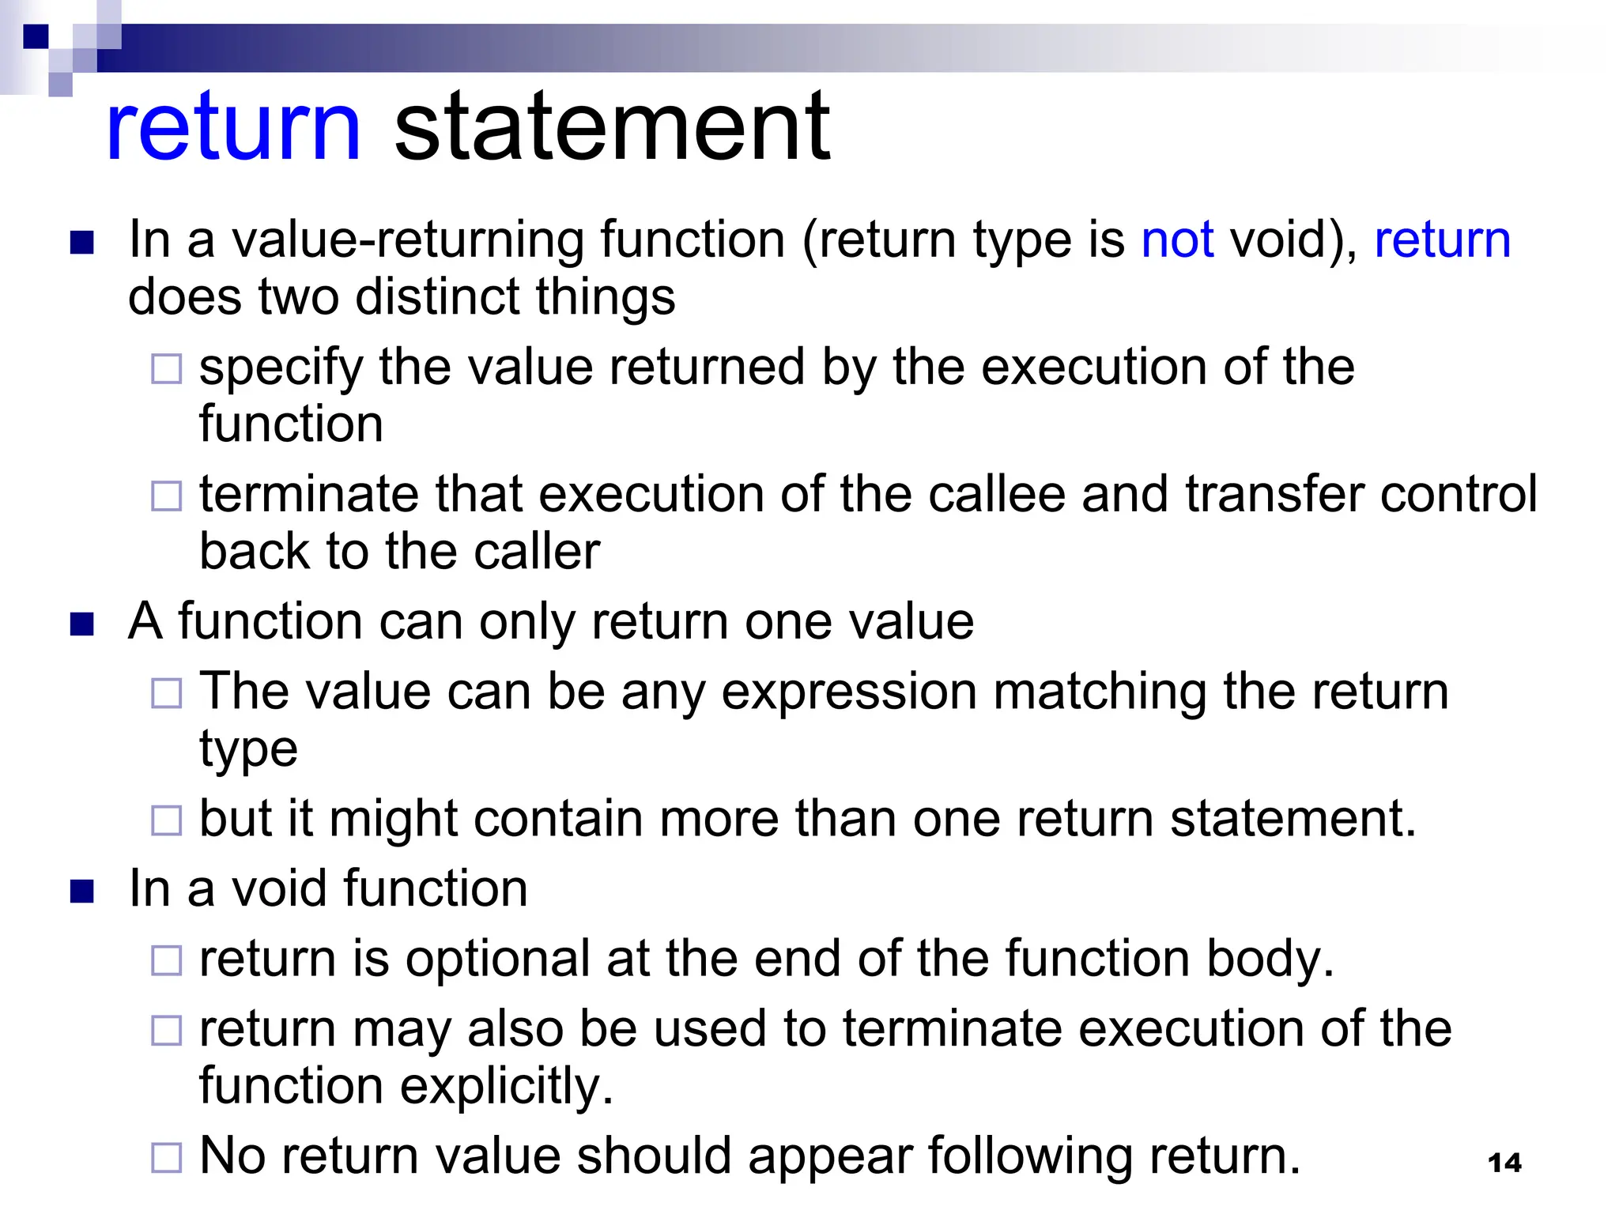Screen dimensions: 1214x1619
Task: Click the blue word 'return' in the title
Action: [x=233, y=126]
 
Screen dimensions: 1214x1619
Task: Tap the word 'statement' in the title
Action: [x=612, y=126]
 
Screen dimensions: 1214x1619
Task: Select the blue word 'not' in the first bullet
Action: [x=1177, y=239]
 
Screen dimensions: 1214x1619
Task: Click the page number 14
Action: [x=1504, y=1163]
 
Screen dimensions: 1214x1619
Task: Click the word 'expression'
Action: [x=849, y=692]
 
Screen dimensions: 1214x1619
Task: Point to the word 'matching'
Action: [x=1099, y=692]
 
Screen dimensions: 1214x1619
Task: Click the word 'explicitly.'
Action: [x=507, y=1086]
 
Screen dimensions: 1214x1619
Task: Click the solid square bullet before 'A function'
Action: [x=82, y=624]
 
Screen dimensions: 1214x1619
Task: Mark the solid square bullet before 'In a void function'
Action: [x=82, y=892]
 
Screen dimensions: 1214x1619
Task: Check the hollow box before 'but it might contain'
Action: [x=167, y=820]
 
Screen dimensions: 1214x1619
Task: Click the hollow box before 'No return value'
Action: [x=167, y=1158]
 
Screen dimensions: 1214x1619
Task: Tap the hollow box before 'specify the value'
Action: [x=167, y=369]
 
